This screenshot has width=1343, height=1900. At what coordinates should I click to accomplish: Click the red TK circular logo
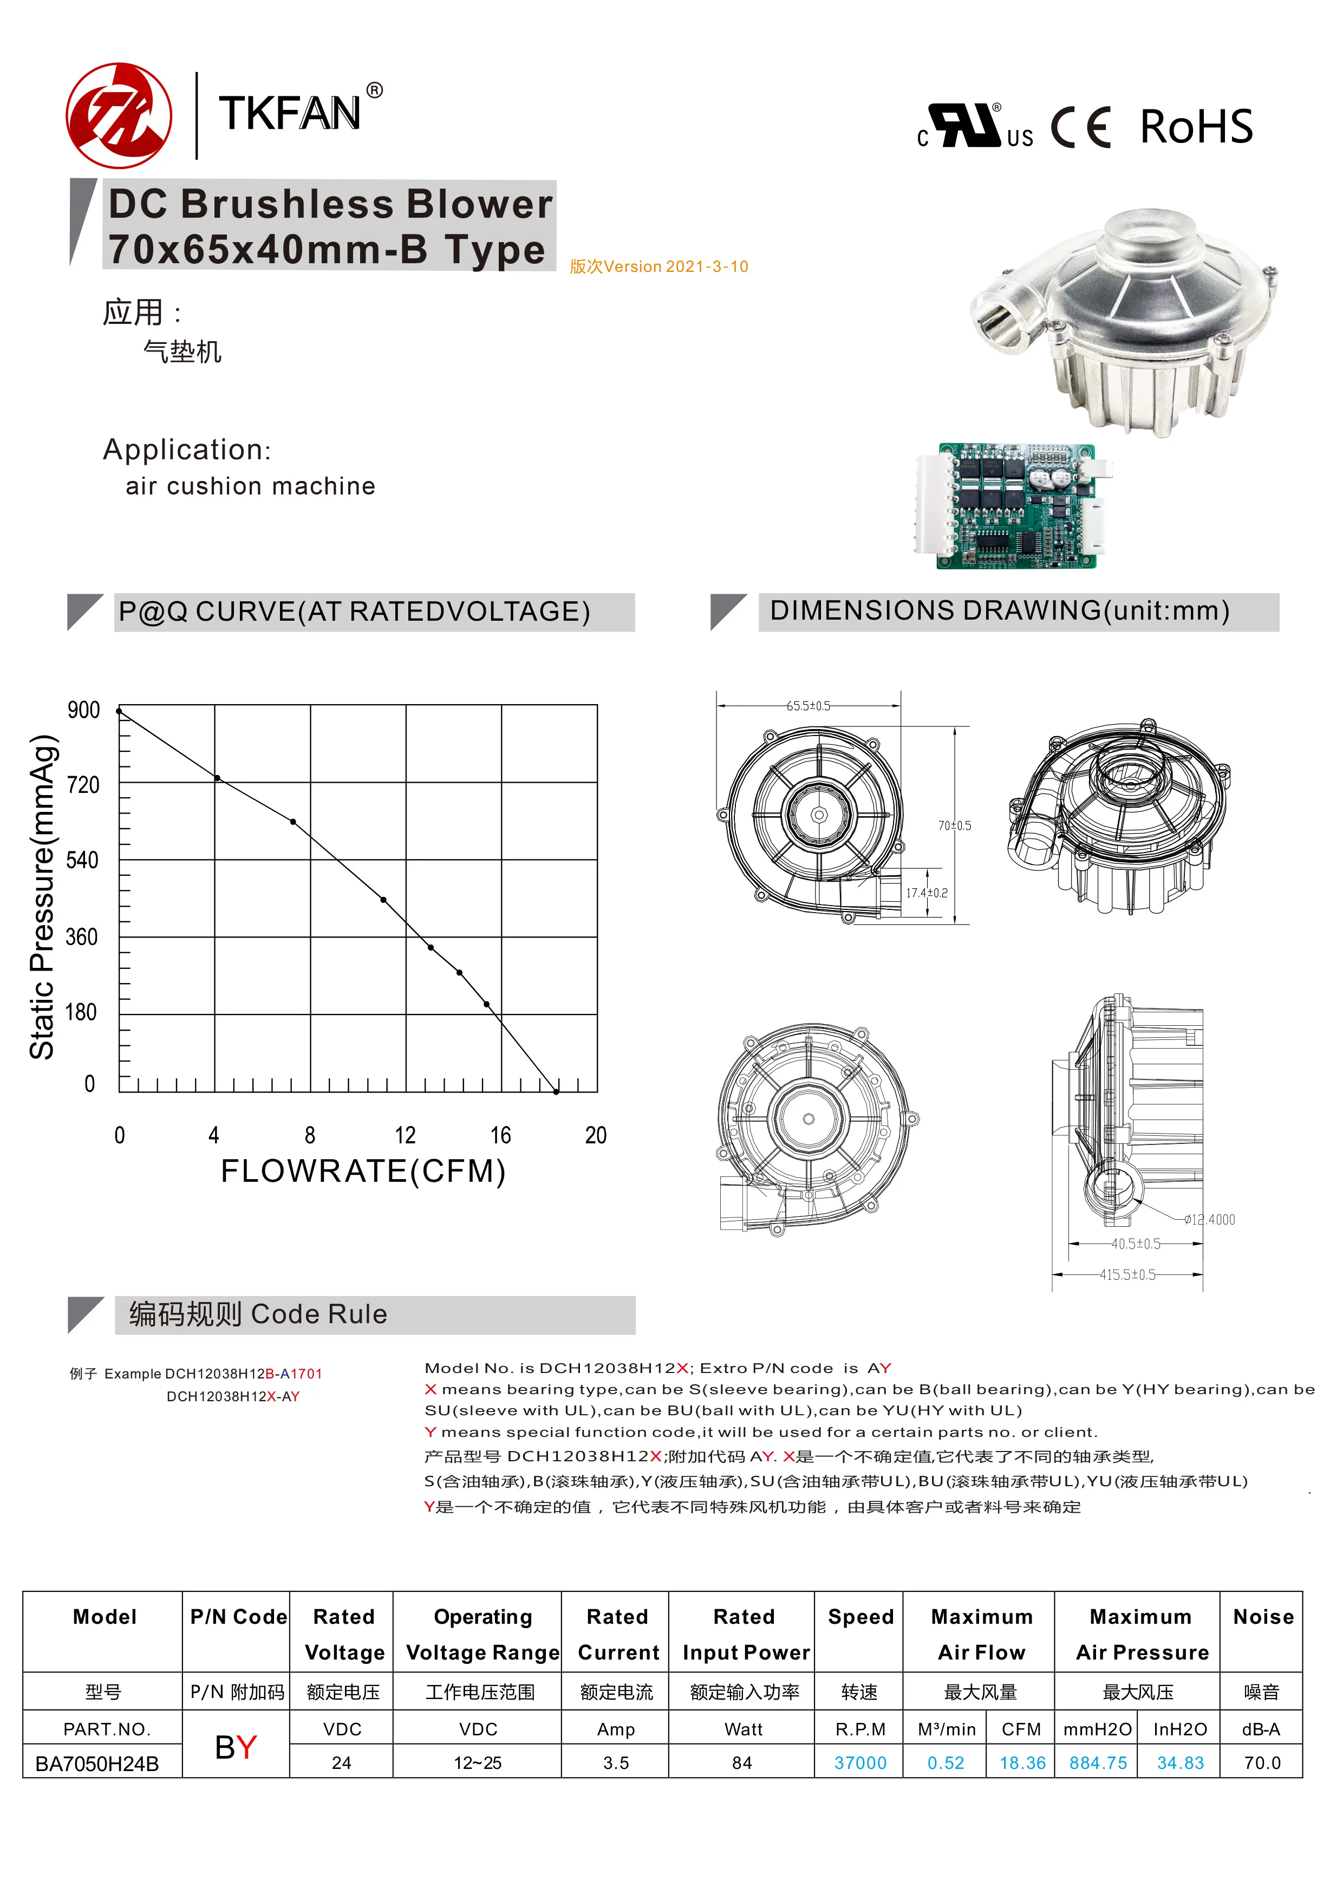(119, 116)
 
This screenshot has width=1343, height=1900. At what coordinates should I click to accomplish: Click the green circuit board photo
(1014, 506)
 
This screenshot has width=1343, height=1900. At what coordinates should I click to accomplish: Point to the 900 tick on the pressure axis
(83, 710)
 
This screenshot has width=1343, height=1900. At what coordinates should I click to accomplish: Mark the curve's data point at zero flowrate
(120, 711)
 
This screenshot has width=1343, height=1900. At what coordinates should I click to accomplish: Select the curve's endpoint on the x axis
(556, 1091)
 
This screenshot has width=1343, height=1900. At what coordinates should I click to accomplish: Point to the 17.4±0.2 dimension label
(927, 893)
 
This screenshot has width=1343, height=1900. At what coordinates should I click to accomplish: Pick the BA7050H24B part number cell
(97, 1764)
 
